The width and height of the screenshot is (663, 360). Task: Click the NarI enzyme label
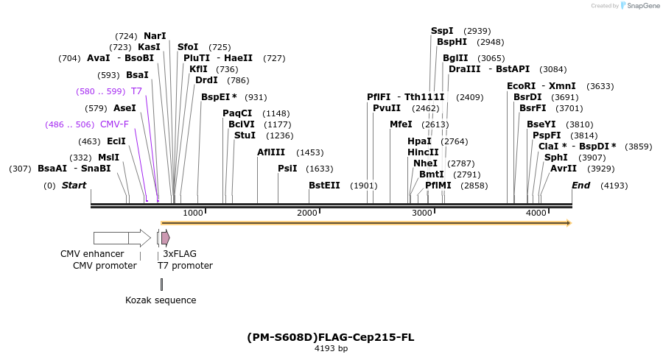pyautogui.click(x=155, y=35)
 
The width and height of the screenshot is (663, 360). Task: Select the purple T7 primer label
pyautogui.click(x=136, y=91)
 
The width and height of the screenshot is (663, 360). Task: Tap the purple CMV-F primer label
pyautogui.click(x=114, y=124)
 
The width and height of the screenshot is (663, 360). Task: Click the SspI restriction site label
pyautogui.click(x=442, y=31)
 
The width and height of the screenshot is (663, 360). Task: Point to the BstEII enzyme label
pyautogui.click(x=324, y=186)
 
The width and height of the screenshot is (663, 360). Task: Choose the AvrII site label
pyautogui.click(x=564, y=168)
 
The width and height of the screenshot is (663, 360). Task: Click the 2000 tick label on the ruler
pyautogui.click(x=307, y=213)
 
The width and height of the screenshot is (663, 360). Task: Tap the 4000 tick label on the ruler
pyautogui.click(x=536, y=213)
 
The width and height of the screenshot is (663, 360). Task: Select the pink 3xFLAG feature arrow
pyautogui.click(x=166, y=238)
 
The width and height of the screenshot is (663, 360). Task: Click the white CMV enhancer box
pyautogui.click(x=110, y=238)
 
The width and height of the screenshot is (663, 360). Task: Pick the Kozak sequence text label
pyautogui.click(x=161, y=300)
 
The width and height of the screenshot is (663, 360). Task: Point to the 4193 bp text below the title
pyautogui.click(x=331, y=349)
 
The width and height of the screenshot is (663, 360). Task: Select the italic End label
pyautogui.click(x=580, y=186)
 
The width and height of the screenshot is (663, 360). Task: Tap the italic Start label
pyautogui.click(x=74, y=186)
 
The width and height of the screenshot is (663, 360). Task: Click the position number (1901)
pyautogui.click(x=363, y=186)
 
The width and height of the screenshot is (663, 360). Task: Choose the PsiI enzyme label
pyautogui.click(x=287, y=169)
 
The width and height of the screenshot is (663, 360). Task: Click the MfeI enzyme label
pyautogui.click(x=401, y=124)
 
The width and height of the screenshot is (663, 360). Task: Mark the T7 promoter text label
pyautogui.click(x=185, y=266)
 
